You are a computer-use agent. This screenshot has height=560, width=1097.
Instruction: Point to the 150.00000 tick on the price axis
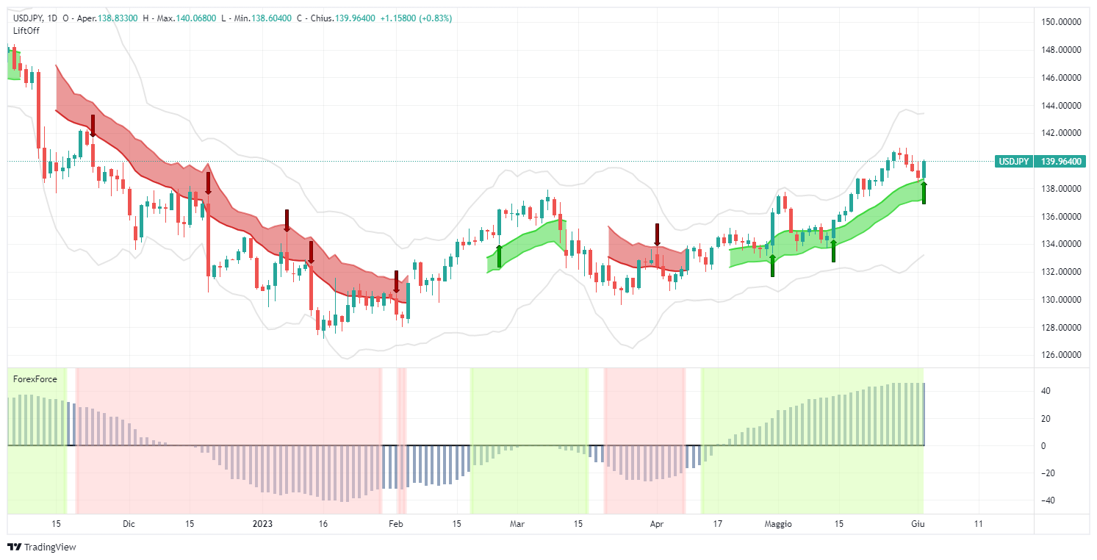pos(1060,22)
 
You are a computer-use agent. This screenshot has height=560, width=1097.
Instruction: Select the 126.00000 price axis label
pos(1060,355)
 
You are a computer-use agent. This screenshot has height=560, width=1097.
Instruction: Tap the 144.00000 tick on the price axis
pos(1060,105)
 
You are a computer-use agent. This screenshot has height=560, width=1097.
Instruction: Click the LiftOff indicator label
pos(26,30)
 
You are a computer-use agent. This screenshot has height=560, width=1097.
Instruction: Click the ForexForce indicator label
pos(35,379)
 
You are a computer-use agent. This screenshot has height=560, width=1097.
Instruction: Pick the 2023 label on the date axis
pos(262,524)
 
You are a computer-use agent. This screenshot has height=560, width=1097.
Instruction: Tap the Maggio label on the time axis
pos(778,524)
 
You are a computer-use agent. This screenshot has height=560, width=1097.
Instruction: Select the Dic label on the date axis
pos(129,524)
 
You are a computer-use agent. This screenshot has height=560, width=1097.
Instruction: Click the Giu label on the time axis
pos(917,524)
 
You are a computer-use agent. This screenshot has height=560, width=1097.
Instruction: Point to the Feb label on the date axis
pos(395,524)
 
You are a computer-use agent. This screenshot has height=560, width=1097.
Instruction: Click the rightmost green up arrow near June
pos(924,193)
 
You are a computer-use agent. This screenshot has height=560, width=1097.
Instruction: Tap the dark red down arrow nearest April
pos(658,234)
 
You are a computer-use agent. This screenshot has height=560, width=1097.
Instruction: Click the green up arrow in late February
pos(499,256)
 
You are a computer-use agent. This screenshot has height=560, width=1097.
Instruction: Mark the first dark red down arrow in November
pos(93,126)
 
